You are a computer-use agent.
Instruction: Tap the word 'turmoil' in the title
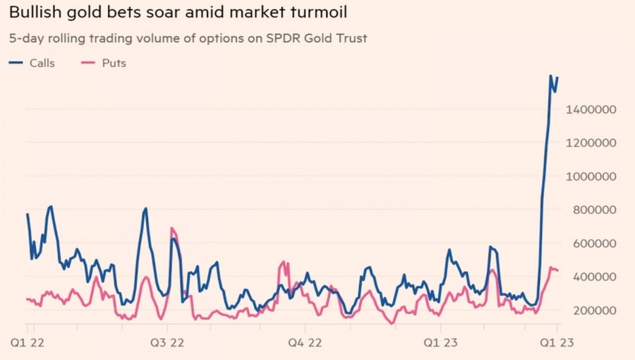coord(322,13)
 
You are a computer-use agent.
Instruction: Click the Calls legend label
coord(42,63)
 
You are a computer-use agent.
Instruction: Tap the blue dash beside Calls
coord(16,63)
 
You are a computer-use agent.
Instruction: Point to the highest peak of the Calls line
coord(550,76)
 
